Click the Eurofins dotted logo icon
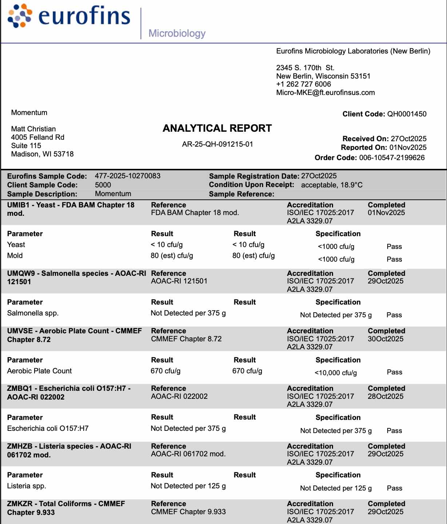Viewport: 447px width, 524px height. point(20,16)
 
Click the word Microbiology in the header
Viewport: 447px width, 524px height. point(177,33)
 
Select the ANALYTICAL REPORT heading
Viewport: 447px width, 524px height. point(217,128)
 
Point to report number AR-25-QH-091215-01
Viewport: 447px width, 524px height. point(217,144)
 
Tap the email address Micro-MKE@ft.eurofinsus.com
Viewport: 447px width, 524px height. point(325,92)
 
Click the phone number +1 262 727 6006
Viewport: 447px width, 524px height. point(304,84)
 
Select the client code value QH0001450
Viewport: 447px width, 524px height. point(407,114)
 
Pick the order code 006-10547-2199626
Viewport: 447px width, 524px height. point(392,158)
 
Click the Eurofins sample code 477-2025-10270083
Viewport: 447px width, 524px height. point(127,176)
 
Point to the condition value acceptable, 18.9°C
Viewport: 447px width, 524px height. point(332,185)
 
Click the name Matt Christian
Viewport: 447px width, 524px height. point(33,129)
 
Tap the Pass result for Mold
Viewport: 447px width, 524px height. point(394,259)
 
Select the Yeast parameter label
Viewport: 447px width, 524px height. point(16,245)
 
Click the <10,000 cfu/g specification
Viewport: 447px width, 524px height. point(336,373)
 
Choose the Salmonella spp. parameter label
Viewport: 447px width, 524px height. point(33,313)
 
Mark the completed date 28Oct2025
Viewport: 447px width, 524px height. point(385,396)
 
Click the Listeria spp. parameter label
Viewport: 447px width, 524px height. point(27,486)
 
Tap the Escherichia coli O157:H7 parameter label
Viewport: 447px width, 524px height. point(48,428)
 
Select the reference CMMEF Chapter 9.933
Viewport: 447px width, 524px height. point(188,512)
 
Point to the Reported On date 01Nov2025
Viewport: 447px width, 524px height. point(408,147)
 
